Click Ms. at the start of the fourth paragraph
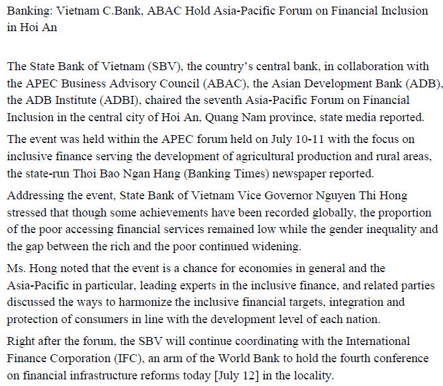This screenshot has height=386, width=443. click(15, 269)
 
